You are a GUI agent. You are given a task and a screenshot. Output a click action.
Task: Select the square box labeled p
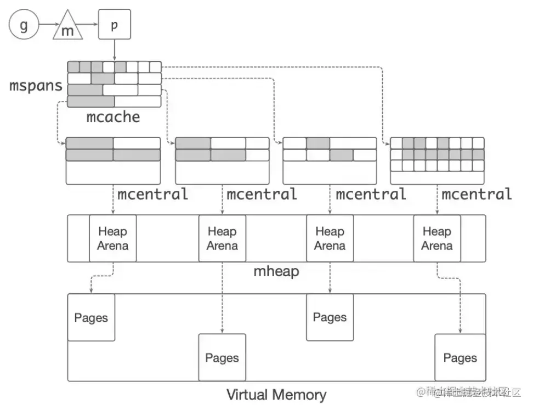(x=114, y=25)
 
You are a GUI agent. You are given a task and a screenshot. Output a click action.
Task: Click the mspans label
(x=36, y=86)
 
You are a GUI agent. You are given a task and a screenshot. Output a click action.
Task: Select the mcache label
(x=113, y=116)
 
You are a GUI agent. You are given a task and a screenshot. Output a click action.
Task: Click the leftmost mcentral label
(x=152, y=193)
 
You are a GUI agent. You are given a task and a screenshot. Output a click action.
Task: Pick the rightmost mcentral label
(x=477, y=193)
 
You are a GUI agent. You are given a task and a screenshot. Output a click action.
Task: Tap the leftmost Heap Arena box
(x=112, y=238)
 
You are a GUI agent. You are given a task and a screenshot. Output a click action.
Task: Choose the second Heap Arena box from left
(x=222, y=238)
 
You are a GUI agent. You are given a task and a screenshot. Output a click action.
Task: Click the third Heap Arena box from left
(x=330, y=238)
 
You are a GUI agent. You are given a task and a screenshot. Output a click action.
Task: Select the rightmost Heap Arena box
(x=437, y=238)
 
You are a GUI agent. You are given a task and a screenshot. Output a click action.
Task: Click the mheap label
(x=276, y=271)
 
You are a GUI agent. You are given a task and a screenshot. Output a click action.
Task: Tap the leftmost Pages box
(x=91, y=317)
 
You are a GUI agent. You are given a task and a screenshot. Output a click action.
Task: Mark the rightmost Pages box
(x=460, y=358)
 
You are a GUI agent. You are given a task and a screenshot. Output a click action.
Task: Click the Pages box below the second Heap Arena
(x=222, y=358)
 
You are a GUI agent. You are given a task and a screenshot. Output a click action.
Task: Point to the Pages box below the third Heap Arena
(x=330, y=317)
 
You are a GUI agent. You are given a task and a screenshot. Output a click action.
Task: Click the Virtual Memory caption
(x=276, y=394)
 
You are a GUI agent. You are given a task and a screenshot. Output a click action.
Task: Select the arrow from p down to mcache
(x=114, y=50)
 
